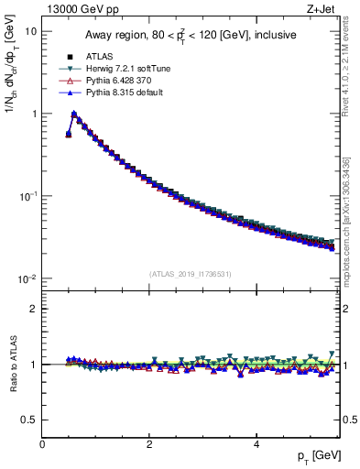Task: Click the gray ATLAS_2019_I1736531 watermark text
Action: [191, 273]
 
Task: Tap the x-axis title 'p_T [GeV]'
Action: [321, 455]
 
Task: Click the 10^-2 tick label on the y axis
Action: [27, 278]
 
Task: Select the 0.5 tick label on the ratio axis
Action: [27, 420]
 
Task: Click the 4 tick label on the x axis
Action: [256, 443]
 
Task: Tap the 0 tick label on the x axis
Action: [42, 443]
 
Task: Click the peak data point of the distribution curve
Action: [74, 115]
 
